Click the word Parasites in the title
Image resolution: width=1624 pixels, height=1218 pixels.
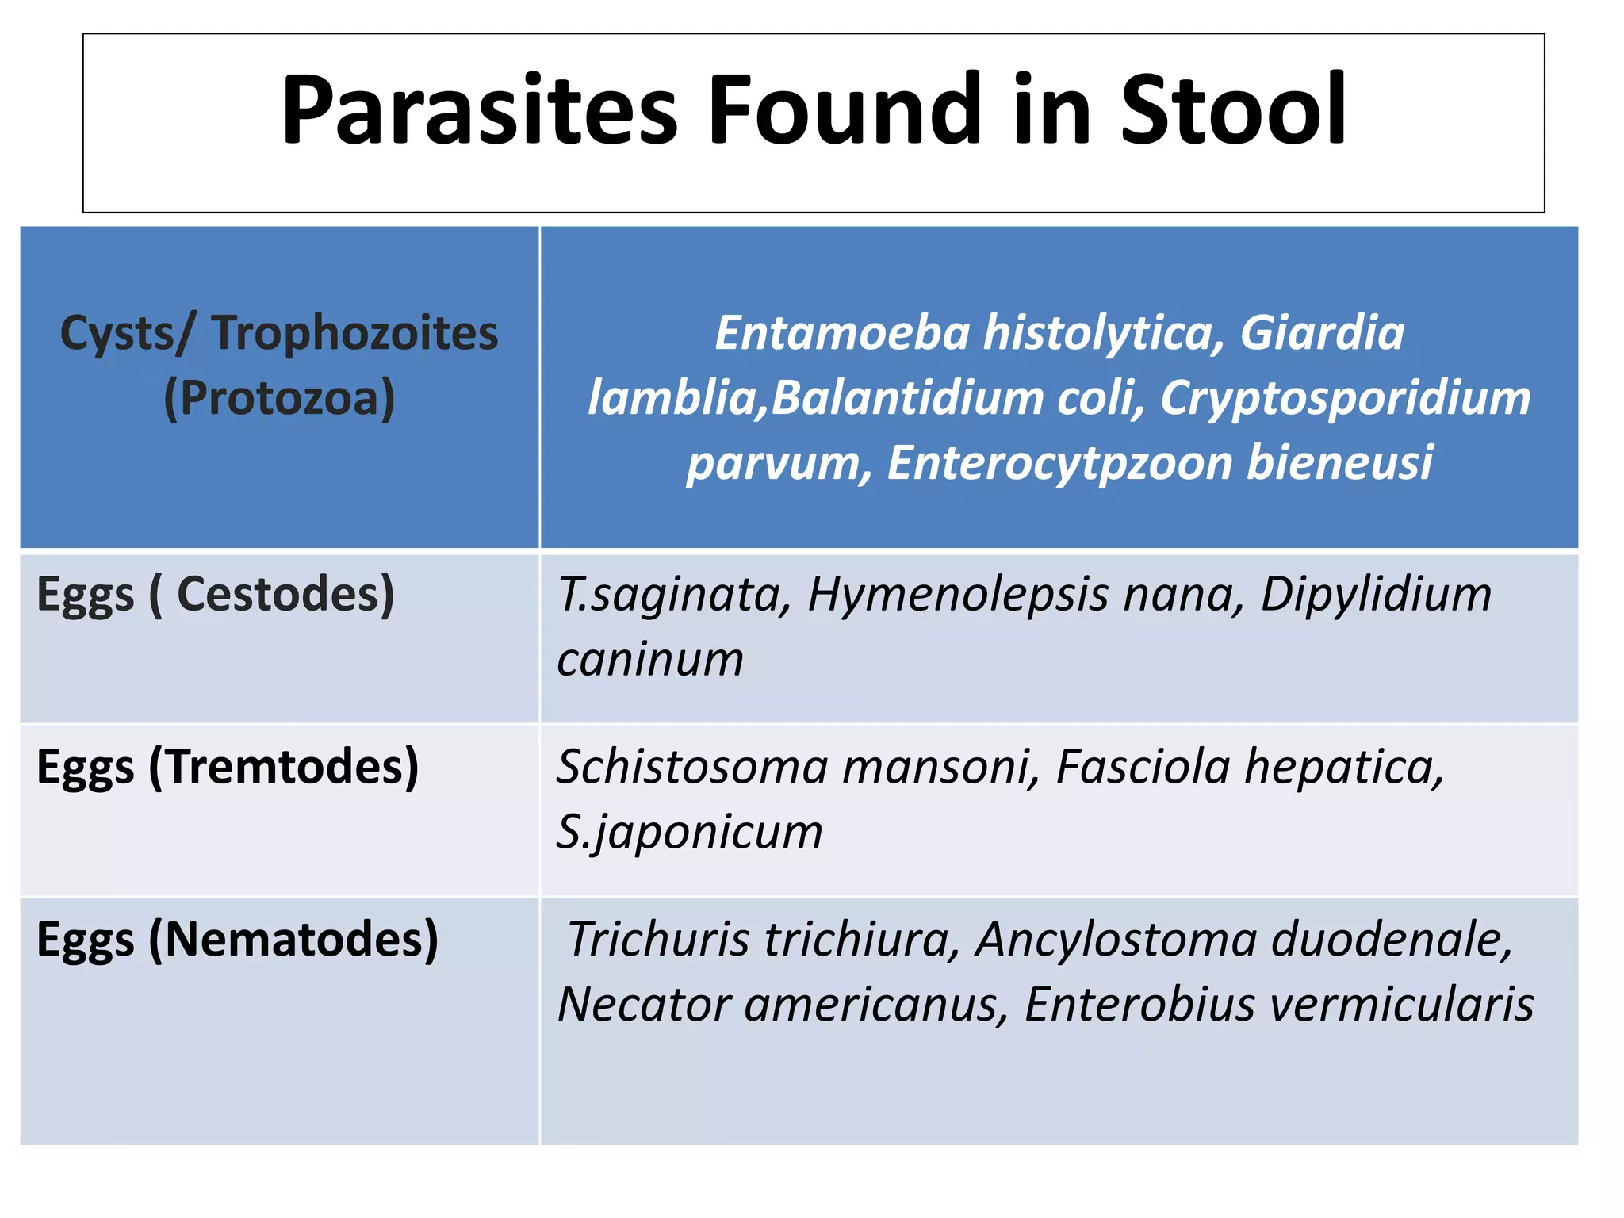479,111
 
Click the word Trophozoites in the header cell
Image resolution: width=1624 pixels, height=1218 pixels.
354,333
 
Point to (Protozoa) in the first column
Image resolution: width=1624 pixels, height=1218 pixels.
279,398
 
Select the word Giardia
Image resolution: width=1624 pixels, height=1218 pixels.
1322,333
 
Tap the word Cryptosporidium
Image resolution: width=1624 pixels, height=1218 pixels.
1345,398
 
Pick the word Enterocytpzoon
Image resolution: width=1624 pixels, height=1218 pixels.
1059,463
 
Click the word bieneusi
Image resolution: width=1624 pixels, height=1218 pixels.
1339,463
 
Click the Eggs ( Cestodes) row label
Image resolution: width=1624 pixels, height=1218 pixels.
216,595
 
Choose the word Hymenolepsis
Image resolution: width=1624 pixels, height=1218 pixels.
957,595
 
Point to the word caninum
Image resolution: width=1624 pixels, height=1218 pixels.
650,660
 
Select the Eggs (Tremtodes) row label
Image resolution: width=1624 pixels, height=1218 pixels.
228,768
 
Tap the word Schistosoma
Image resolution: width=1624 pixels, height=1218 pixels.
692,768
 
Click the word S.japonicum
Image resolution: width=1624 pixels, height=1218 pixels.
689,833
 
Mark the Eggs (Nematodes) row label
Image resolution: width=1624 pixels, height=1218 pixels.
237,940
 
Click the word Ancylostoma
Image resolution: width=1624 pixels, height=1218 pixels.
1116,940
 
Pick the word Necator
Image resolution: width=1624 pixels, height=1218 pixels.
644,1005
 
